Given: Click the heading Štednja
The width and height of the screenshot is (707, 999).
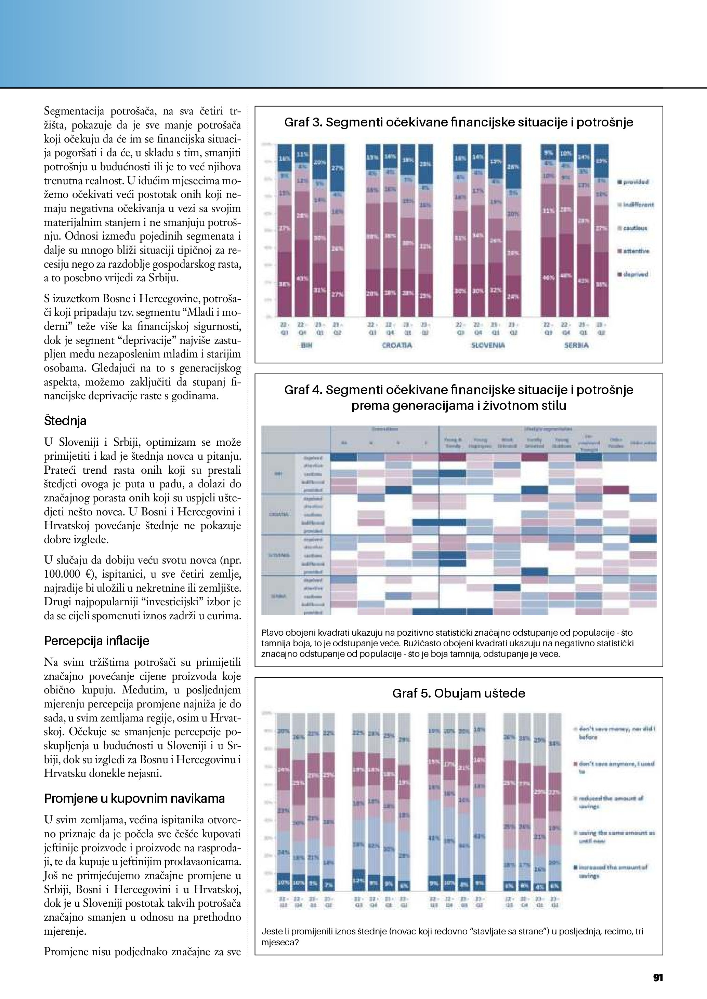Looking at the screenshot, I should [x=65, y=421].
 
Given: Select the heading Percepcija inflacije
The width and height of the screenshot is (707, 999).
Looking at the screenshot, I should [x=97, y=641].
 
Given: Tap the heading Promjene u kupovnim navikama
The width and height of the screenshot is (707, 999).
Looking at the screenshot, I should [x=134, y=799].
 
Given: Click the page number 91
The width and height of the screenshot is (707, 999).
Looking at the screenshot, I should [x=658, y=978].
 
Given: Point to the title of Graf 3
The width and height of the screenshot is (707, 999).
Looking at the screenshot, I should [x=458, y=123].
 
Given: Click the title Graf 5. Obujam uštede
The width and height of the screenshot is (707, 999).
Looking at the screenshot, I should [x=458, y=693].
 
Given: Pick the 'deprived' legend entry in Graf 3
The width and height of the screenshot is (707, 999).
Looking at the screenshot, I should [x=636, y=274].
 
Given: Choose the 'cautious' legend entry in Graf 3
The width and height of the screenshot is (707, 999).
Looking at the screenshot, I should [x=635, y=228].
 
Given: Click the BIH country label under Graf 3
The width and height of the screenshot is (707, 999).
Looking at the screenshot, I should [x=307, y=346].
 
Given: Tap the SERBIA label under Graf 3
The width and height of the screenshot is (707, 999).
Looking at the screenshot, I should [x=576, y=346].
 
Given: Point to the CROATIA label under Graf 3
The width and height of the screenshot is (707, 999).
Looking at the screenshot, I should [x=397, y=346].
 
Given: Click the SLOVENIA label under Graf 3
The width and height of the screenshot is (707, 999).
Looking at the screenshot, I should [x=488, y=346].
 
